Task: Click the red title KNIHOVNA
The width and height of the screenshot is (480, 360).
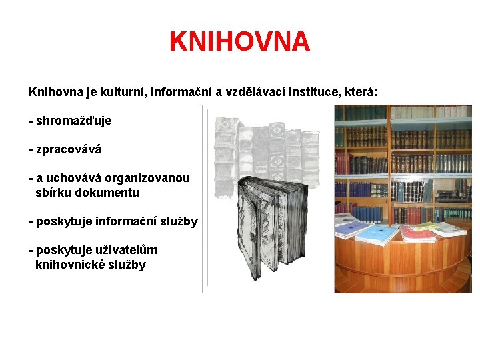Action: (x=239, y=41)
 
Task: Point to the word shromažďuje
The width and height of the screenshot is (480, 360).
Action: (x=73, y=121)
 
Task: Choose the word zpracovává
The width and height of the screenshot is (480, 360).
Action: (x=69, y=149)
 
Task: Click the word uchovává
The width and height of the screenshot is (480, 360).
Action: (x=74, y=178)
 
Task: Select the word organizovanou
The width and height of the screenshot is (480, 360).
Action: (x=148, y=178)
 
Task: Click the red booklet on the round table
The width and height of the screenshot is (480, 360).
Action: (x=418, y=232)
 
